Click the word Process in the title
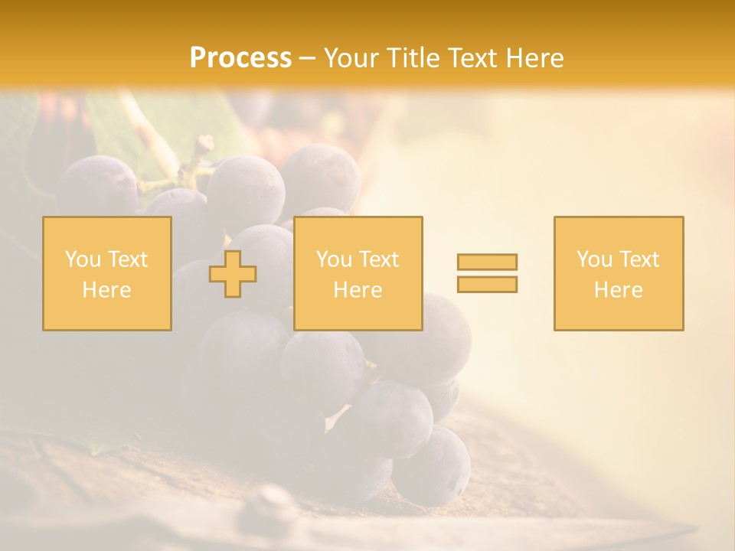[240, 58]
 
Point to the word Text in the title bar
[473, 58]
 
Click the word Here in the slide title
[535, 58]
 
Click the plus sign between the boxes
[233, 274]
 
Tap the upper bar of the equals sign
[487, 262]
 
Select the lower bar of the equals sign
[487, 284]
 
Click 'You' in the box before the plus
[82, 259]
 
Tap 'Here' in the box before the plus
[106, 290]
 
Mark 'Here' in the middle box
[358, 290]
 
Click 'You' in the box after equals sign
[593, 259]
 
